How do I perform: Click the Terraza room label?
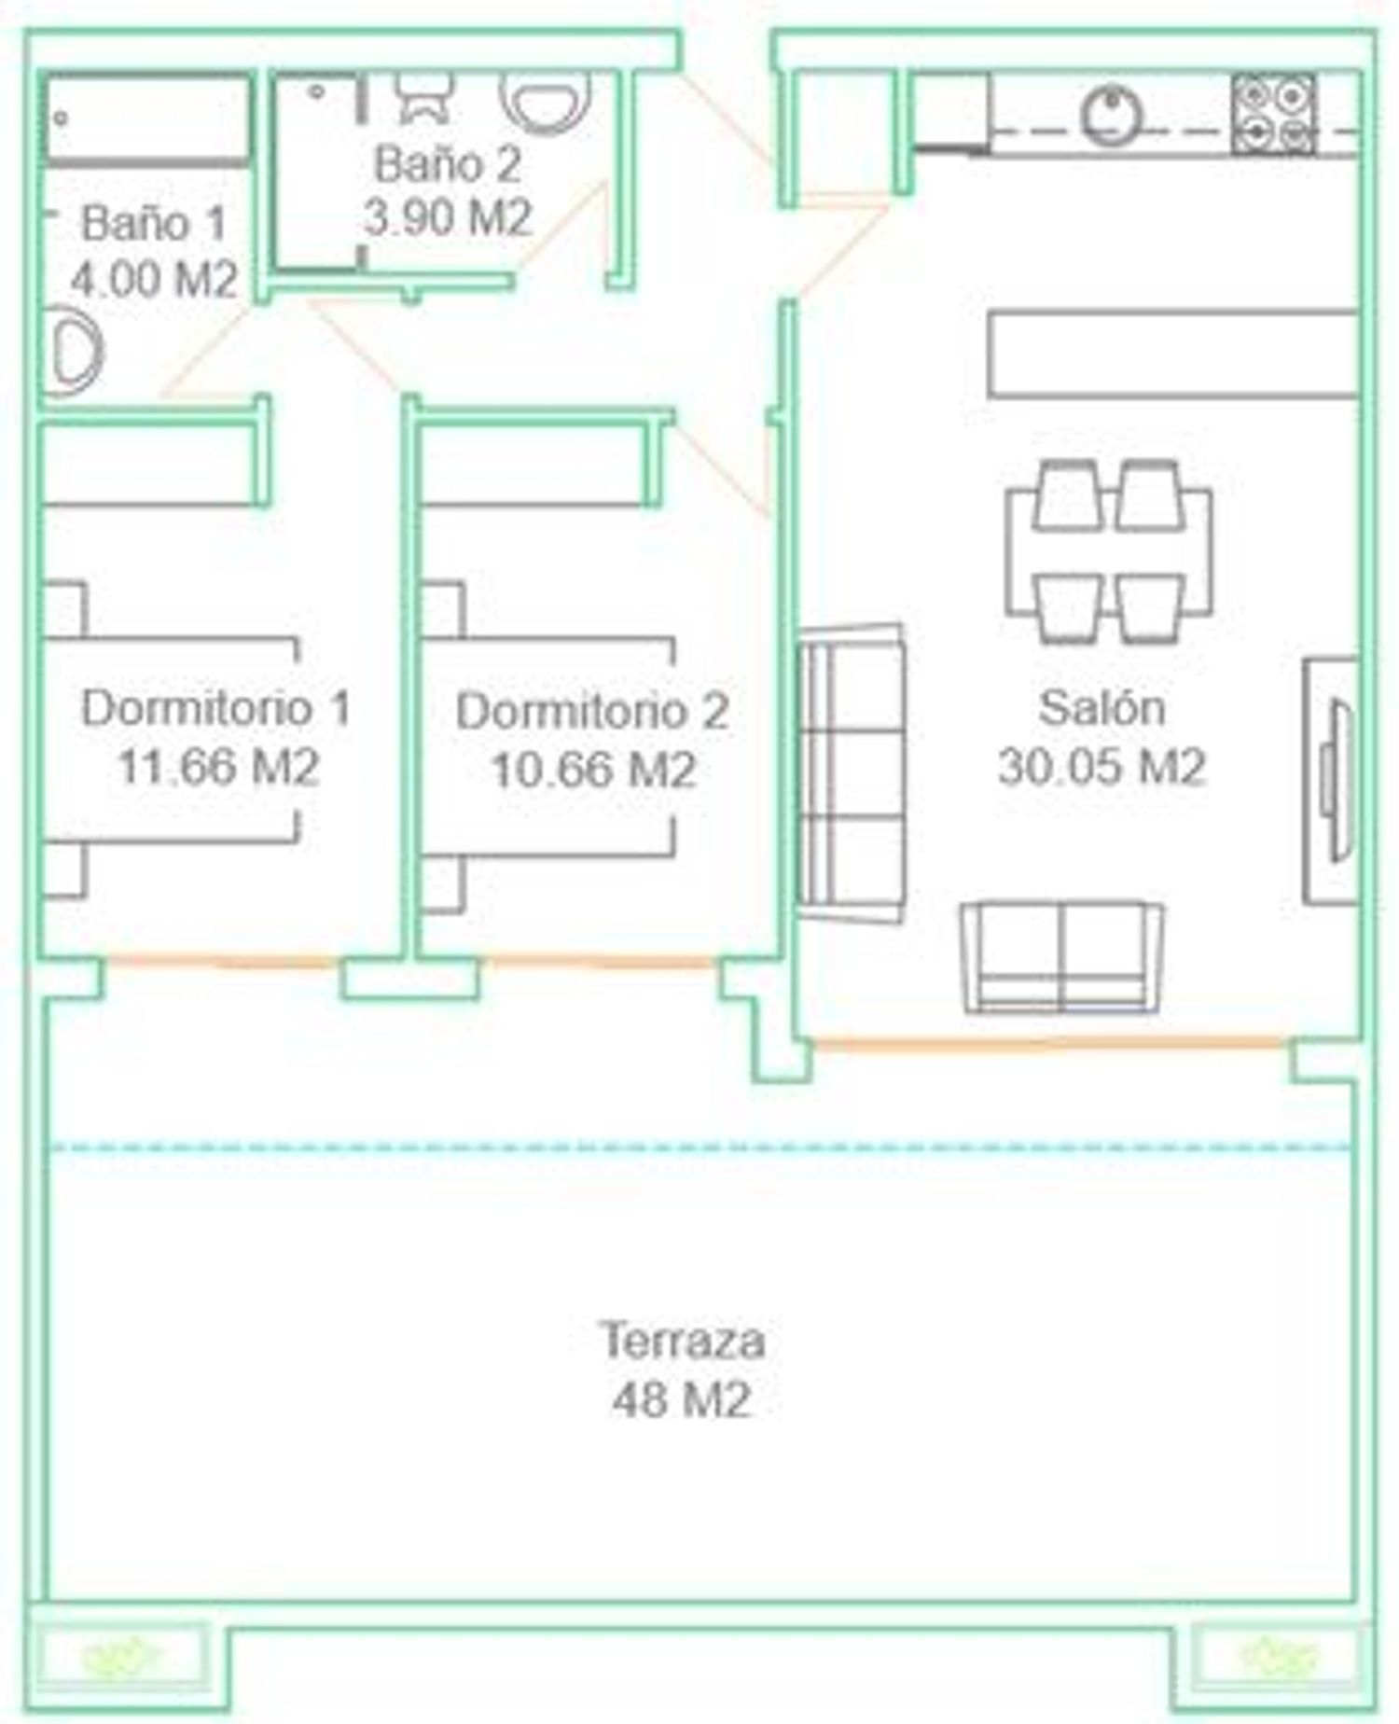682,1341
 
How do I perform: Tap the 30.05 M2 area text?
1101,767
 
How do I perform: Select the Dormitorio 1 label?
216,708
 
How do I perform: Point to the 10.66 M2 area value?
593,771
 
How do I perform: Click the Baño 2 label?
448,164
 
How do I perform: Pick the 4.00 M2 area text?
155,278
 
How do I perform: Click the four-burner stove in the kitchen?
1274,114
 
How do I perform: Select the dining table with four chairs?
1109,551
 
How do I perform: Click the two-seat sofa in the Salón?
1062,957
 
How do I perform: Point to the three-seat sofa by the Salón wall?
851,773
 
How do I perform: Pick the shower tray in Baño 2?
316,173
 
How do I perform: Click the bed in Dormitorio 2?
547,746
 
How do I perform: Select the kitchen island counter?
1173,355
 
